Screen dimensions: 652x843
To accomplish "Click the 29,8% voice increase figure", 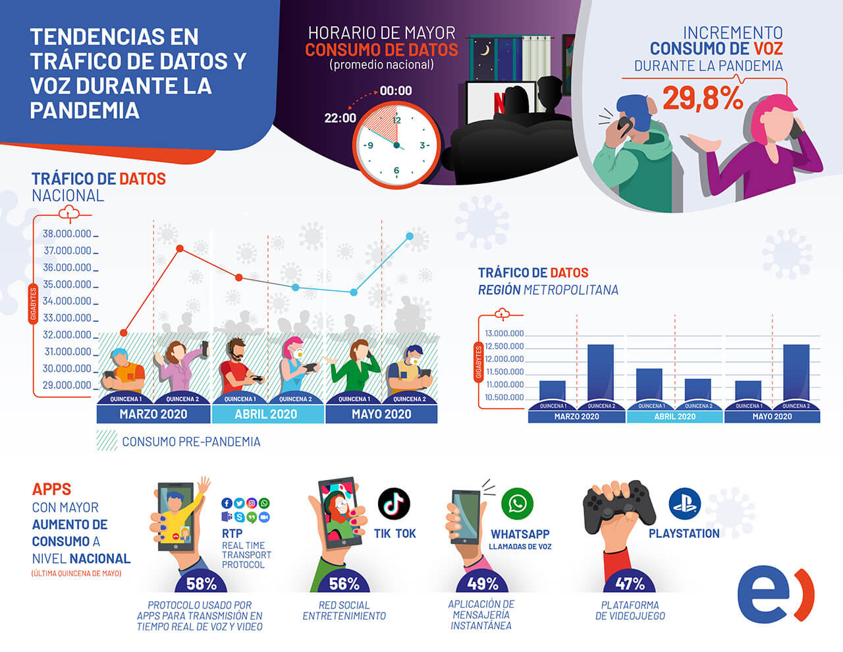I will pos(702,98).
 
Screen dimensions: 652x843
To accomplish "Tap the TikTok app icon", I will pos(394,504).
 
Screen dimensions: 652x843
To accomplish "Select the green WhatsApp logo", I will pos(518,504).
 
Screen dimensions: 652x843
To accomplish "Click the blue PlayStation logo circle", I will pos(684,504).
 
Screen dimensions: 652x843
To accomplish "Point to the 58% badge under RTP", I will pos(201,583).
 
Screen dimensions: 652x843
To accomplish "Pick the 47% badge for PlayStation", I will pos(630,583).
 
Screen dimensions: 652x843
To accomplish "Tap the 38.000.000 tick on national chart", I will pos(67,234).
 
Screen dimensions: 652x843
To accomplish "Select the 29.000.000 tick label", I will pos(67,385).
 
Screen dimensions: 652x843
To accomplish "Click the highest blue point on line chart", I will pos(410,236).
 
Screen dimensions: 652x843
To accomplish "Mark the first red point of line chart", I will pos(124,332).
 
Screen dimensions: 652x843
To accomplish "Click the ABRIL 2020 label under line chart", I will pos(266,415).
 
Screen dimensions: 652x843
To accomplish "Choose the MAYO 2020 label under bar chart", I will pos(772,417).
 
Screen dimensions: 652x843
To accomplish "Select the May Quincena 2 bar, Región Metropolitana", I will pos(796,372).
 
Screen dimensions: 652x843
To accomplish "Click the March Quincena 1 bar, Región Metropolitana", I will pos(552,390).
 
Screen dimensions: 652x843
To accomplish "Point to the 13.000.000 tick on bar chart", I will pos(504,334).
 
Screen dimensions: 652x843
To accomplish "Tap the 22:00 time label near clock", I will pos(340,118).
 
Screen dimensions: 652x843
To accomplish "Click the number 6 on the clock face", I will pos(396,171).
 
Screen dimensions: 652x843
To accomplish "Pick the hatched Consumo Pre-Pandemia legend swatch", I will pos(107,441).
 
